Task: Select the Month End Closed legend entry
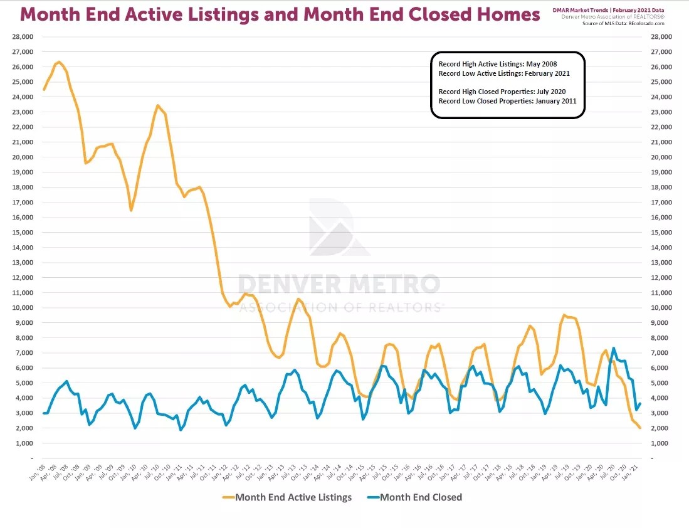[x=421, y=497]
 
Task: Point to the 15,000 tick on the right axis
[x=661, y=233]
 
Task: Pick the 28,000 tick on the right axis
[x=661, y=37]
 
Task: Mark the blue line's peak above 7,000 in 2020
[x=613, y=348]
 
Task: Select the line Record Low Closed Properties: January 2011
[x=507, y=101]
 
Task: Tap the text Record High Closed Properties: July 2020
[x=502, y=92]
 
